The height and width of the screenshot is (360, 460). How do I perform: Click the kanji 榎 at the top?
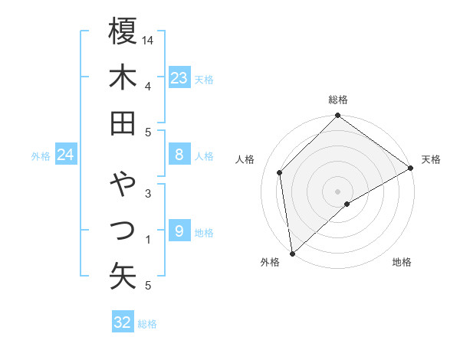point(123,31)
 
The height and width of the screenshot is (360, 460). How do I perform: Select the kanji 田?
point(123,123)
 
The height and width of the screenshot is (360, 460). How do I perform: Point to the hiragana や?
point(123,184)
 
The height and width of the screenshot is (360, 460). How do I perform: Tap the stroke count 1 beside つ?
point(148,240)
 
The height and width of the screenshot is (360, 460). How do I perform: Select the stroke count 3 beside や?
point(148,193)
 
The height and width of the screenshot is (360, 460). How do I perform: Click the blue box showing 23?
point(179,78)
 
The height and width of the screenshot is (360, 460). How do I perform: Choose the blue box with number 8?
point(179,155)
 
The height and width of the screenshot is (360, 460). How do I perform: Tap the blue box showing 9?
point(179,231)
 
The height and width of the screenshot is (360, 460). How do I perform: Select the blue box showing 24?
point(65,155)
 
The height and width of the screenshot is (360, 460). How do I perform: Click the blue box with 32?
point(122,322)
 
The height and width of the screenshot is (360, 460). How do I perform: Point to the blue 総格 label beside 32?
point(147,324)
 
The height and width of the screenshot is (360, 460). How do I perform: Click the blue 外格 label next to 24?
point(41,156)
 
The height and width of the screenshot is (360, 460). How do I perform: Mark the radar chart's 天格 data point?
point(411,169)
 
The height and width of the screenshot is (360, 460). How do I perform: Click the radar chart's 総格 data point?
point(337,116)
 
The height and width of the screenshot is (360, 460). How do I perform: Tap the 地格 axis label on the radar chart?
point(402,262)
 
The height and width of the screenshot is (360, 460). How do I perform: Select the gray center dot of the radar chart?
point(337,191)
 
